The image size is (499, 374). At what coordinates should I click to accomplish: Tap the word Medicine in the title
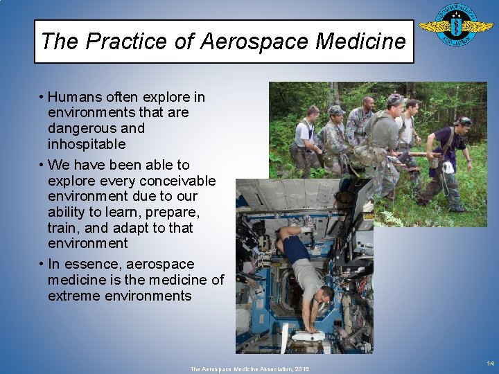[x=360, y=42]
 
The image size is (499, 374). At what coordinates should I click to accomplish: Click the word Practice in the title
[x=128, y=42]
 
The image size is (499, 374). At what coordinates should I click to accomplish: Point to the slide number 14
[x=490, y=364]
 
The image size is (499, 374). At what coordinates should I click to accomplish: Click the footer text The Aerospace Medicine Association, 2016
[x=250, y=369]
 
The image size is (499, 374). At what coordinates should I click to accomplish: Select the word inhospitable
[x=87, y=144]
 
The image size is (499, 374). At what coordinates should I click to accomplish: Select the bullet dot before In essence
[x=42, y=265]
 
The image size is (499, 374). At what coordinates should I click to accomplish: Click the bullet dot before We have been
[x=42, y=165]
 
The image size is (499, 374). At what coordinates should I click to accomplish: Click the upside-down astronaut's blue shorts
[x=297, y=249]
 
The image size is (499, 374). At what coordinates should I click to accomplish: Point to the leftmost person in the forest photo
[x=306, y=139]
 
